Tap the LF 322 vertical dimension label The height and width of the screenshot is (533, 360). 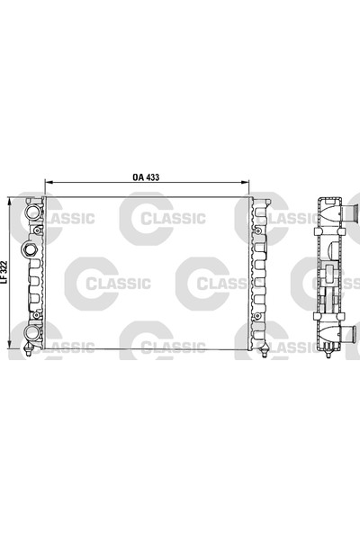[7, 273]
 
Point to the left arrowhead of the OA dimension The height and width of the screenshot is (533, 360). [46, 184]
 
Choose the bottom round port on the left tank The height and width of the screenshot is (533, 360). [33, 334]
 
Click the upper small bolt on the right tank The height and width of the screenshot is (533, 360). [260, 231]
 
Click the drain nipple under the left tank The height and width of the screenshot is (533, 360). [34, 352]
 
